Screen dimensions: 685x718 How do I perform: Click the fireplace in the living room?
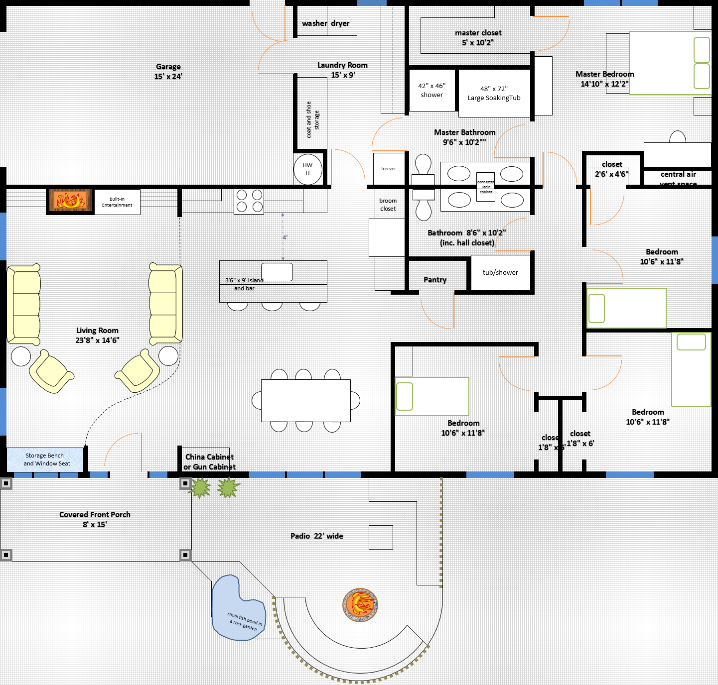coord(70,201)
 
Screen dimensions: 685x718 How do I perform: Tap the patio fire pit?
coord(360,604)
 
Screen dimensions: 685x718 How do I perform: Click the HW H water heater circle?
coord(307,170)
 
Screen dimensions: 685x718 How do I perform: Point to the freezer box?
coord(388,169)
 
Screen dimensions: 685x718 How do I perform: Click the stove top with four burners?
coord(249,201)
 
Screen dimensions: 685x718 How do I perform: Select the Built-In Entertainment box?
coord(117,202)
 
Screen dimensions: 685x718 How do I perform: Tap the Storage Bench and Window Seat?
coord(45,459)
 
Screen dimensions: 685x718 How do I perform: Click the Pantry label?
coord(435,280)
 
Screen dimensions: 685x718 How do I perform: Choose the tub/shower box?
coord(500,273)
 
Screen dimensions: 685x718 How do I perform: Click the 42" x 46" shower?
coord(431,90)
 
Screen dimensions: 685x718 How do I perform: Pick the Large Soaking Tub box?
coord(494,94)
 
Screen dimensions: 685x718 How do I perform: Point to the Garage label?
coord(168,67)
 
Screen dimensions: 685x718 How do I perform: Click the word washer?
coord(314,23)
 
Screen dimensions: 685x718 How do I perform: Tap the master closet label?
coord(478,33)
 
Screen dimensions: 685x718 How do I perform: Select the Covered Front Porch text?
coord(95,515)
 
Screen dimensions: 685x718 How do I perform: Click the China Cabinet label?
coord(209,457)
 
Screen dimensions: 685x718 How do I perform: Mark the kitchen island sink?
coord(277,272)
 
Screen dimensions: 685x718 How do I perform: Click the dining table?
coord(305,400)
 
